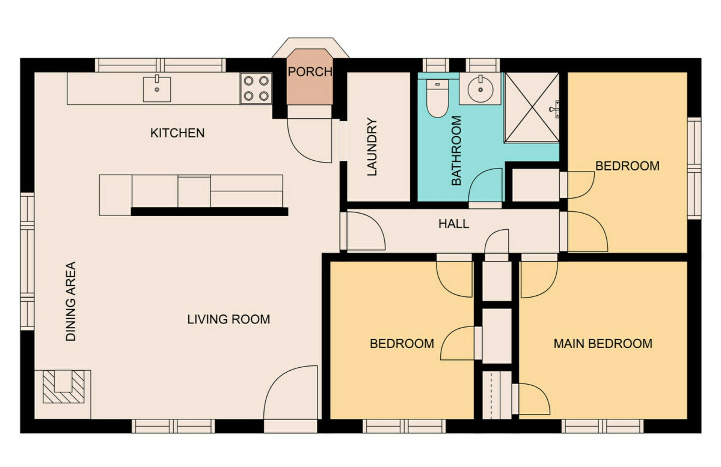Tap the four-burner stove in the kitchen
pyautogui.click(x=256, y=88)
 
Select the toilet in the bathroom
pyautogui.click(x=437, y=98)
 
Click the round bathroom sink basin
pyautogui.click(x=480, y=89)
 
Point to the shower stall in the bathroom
pyautogui.click(x=531, y=108)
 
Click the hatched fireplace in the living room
pyautogui.click(x=63, y=387)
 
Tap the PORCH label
pyautogui.click(x=310, y=72)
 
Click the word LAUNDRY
pyautogui.click(x=371, y=147)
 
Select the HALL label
pyautogui.click(x=454, y=224)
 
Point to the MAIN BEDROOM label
pyautogui.click(x=603, y=344)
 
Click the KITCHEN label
pyautogui.click(x=177, y=133)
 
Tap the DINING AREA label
pyautogui.click(x=71, y=301)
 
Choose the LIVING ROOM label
pyautogui.click(x=229, y=319)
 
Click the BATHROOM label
pyautogui.click(x=456, y=150)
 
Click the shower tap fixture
pyautogui.click(x=555, y=109)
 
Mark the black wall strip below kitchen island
pyautogui.click(x=210, y=212)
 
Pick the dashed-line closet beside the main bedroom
pyautogui.click(x=497, y=395)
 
